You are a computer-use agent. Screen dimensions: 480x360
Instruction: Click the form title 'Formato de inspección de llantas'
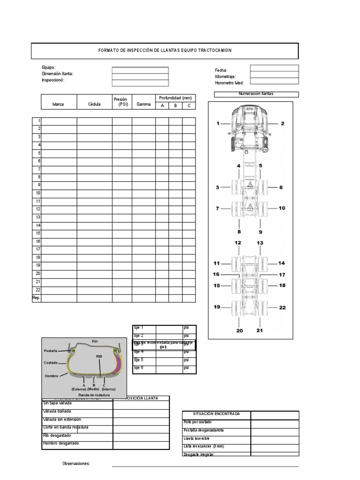tap(165, 51)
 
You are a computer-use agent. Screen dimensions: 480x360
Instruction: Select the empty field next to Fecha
tap(274, 68)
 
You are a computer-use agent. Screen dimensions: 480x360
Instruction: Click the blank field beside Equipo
tap(140, 70)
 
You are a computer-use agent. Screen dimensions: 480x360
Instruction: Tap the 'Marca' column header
tap(58, 105)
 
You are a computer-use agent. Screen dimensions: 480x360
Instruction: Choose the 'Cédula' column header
tap(94, 105)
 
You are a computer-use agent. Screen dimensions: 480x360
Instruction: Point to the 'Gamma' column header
tap(143, 105)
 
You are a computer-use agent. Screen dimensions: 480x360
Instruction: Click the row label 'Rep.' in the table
tap(36, 298)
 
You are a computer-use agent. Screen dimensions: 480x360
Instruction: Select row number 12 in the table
tap(38, 209)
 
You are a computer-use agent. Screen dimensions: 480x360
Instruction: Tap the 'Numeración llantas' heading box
tap(256, 94)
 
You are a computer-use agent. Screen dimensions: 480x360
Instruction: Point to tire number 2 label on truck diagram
tap(282, 124)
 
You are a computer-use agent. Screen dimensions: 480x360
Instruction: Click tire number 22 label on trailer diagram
tap(282, 307)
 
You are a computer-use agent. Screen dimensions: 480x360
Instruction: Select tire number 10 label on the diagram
tap(281, 208)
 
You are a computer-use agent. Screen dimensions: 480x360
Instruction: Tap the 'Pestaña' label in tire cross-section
tap(50, 351)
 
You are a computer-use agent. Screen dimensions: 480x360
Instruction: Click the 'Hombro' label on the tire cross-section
tap(51, 376)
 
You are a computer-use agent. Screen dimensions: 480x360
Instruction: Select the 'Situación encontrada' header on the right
tap(216, 414)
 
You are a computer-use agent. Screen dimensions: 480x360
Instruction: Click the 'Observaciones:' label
tap(76, 464)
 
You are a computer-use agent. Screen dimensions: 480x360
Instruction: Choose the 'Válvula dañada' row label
tap(57, 411)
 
